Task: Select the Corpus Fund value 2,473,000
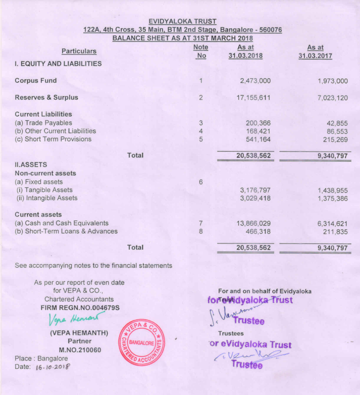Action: (253, 81)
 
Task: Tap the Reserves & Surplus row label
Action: (46, 97)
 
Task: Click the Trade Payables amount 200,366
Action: (258, 123)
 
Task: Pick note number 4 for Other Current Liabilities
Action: (200, 131)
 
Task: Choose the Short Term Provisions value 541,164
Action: (258, 139)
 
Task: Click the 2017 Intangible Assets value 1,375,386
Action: (332, 199)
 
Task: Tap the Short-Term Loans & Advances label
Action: (66, 231)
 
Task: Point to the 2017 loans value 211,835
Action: (335, 232)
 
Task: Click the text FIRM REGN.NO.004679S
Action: (80, 308)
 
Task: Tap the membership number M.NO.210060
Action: (80, 350)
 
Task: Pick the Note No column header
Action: (200, 51)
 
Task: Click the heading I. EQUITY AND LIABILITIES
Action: (58, 64)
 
